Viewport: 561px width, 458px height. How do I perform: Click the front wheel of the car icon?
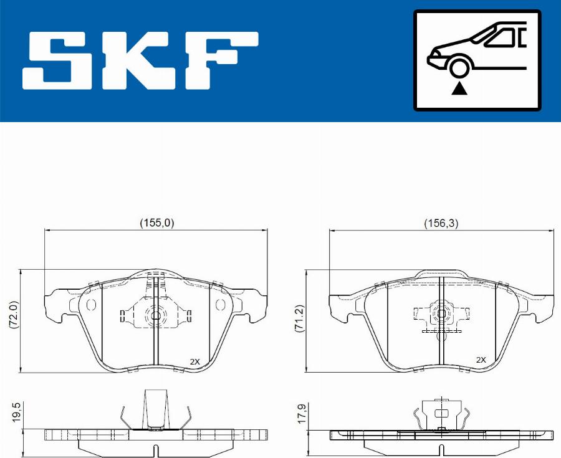(459, 67)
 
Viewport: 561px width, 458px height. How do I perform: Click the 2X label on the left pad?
(195, 361)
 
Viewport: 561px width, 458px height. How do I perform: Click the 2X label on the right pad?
(481, 360)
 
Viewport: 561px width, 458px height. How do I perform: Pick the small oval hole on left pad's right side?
(219, 305)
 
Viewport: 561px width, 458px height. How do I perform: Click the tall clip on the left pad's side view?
(155, 409)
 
